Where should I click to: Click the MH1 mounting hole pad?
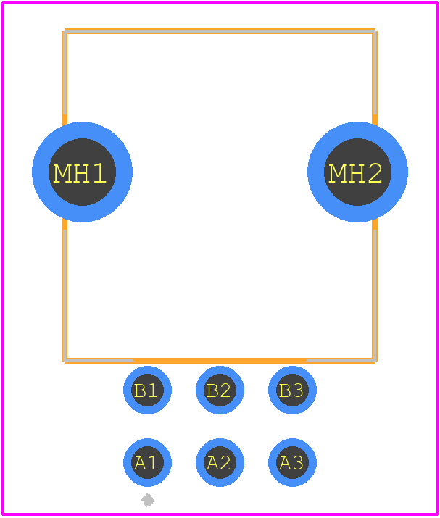[83, 172]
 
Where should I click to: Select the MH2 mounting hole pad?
[357, 172]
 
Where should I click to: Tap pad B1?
[147, 390]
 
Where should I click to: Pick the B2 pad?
[220, 390]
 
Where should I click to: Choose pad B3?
[292, 390]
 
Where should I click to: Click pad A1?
[147, 462]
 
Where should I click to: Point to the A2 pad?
[220, 462]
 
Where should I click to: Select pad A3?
[292, 462]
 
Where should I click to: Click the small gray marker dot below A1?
[148, 500]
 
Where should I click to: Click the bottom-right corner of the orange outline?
[375, 361]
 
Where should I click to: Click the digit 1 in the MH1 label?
[99, 173]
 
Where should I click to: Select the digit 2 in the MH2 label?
[375, 173]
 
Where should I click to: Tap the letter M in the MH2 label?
[337, 173]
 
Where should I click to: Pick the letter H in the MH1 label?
[80, 173]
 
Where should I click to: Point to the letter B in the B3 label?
[286, 390]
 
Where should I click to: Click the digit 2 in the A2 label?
[225, 463]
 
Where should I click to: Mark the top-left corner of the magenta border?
[2, 2]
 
